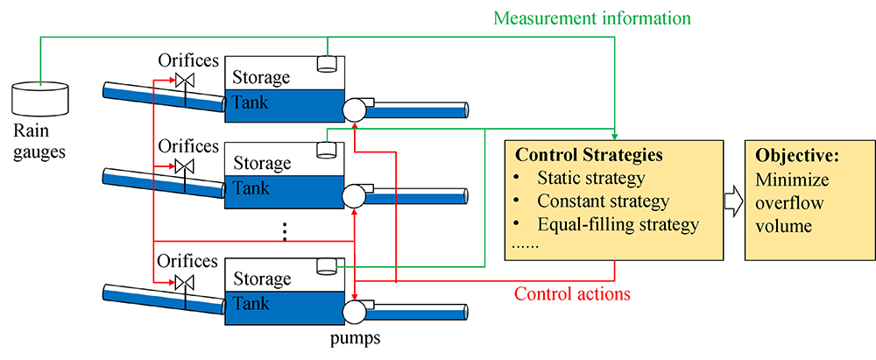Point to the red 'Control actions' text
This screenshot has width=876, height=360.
[x=571, y=293]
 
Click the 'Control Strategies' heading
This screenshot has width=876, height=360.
[x=589, y=156]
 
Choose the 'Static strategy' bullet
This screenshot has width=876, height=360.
[x=590, y=179]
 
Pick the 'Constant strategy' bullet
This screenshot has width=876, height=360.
[x=602, y=201]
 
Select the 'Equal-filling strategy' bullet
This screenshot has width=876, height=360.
[x=618, y=224]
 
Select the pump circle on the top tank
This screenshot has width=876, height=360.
[x=354, y=109]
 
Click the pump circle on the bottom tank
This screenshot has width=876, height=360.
[x=354, y=312]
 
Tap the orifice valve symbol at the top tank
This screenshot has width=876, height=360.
[x=185, y=81]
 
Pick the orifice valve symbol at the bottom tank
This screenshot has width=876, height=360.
[x=185, y=282]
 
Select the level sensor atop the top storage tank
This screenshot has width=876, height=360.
[x=328, y=64]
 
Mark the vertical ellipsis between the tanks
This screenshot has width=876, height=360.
[x=285, y=232]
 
